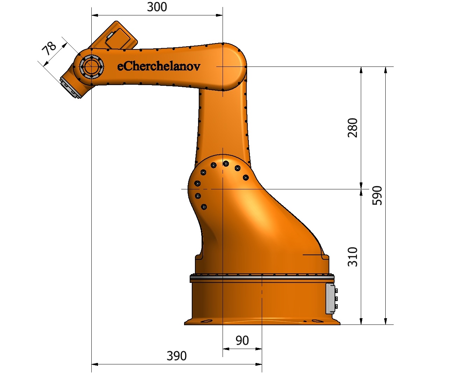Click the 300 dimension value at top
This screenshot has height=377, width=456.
pyautogui.click(x=157, y=7)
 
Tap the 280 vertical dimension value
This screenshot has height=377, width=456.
pyautogui.click(x=353, y=128)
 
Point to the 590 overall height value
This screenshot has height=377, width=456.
pyautogui.click(x=377, y=195)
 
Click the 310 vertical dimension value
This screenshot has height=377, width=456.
pyautogui.click(x=353, y=257)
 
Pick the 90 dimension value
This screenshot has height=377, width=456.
pyautogui.click(x=242, y=340)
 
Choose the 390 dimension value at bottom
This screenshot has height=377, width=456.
pyautogui.click(x=176, y=356)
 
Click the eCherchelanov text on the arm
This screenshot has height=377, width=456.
pyautogui.click(x=159, y=66)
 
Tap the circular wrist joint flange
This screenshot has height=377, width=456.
pyautogui.click(x=91, y=66)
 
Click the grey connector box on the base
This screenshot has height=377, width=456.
pyautogui.click(x=330, y=298)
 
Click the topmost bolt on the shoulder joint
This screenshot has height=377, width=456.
pyautogui.click(x=226, y=163)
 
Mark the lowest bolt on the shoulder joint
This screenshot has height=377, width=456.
pyautogui.click(x=204, y=207)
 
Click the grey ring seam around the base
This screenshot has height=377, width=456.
pyautogui.click(x=262, y=279)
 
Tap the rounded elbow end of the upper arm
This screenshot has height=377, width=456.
pyautogui.click(x=233, y=67)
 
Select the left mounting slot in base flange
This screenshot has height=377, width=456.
pyautogui.click(x=207, y=321)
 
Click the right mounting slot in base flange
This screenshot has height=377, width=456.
pyautogui.click(x=317, y=321)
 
